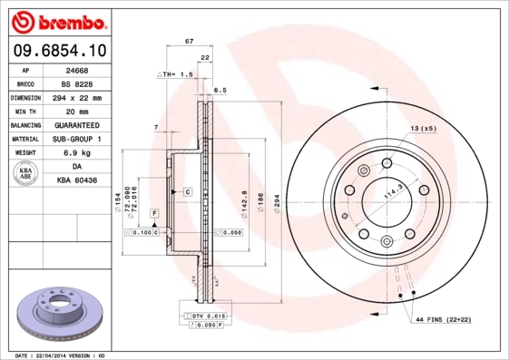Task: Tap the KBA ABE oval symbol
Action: tap(26, 175)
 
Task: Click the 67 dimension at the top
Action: tap(189, 42)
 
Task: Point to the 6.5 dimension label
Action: tap(219, 91)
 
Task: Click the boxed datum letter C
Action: tap(187, 192)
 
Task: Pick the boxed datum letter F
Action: tap(155, 212)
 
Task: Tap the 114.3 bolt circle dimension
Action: tap(392, 193)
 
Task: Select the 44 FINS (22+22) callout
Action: tap(445, 320)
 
